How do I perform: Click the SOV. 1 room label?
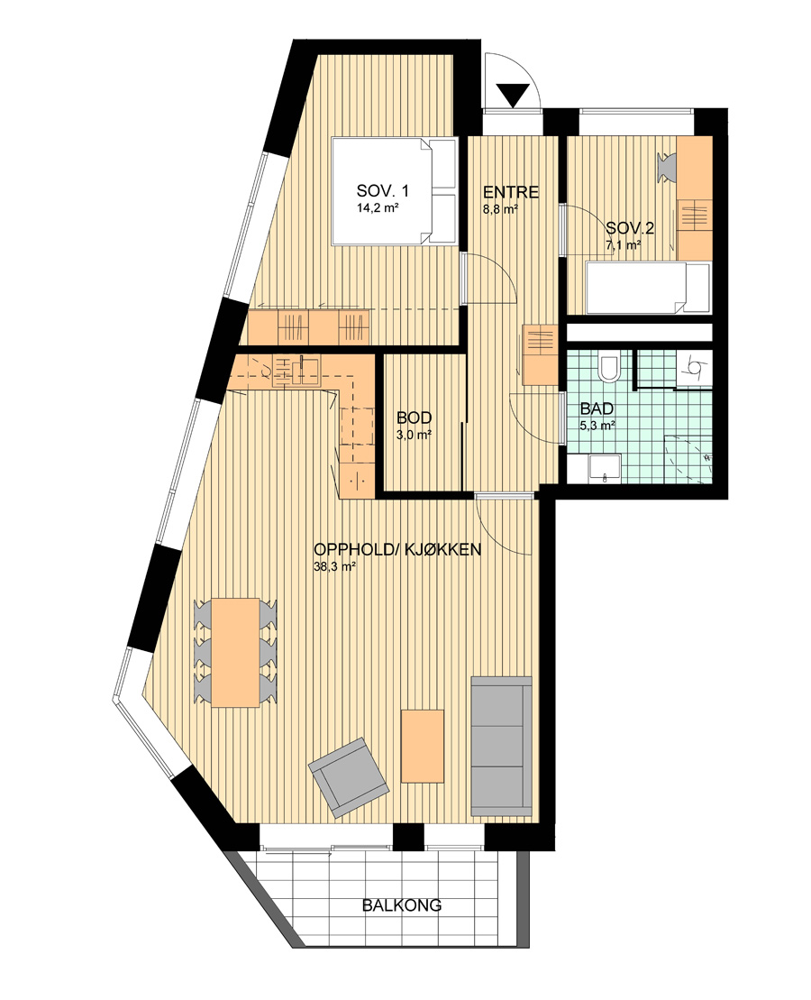tap(383, 190)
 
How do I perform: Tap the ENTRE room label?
tap(511, 192)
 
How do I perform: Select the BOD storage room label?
tap(414, 418)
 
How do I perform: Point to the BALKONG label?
tap(402, 905)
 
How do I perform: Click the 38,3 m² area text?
tap(334, 566)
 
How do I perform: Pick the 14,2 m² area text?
tap(378, 207)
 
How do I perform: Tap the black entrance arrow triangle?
tap(513, 96)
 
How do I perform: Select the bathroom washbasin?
tap(604, 467)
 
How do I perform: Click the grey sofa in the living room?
tap(501, 747)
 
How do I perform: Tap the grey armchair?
tap(348, 776)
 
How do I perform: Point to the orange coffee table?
tap(422, 747)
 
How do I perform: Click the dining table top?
tap(235, 652)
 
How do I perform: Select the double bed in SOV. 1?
tap(394, 191)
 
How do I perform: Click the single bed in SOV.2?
tap(648, 289)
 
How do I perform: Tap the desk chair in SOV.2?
tap(666, 167)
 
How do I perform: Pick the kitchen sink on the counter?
tap(296, 372)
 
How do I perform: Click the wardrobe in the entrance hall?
tap(541, 354)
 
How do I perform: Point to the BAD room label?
tap(597, 408)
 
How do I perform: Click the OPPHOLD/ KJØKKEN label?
tap(397, 550)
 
